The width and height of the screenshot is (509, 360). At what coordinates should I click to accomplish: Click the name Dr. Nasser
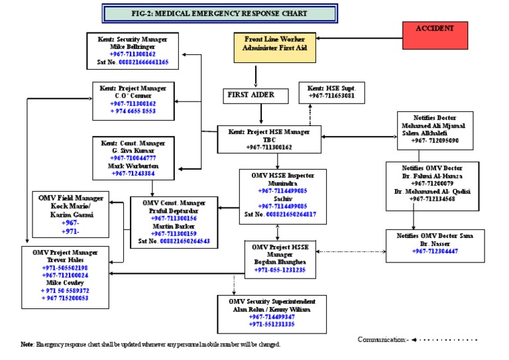[x=434, y=243]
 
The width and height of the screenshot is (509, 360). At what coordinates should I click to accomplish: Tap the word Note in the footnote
[x=27, y=345]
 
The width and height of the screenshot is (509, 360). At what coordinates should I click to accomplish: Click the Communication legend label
[x=383, y=339]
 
